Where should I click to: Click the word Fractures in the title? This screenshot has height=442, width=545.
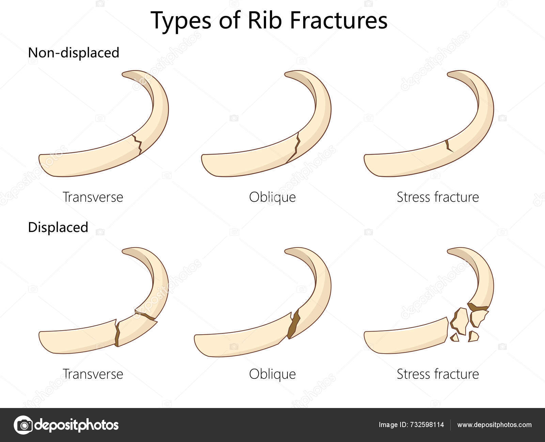coord(339,20)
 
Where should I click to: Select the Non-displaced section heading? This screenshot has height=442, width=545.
coord(74,53)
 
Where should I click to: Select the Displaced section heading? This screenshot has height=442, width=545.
coord(58,227)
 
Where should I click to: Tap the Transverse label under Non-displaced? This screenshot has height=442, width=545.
coord(93,197)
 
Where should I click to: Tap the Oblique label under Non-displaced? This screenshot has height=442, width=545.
coord(272,197)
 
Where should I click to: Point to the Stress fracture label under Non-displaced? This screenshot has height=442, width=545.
coord(438,197)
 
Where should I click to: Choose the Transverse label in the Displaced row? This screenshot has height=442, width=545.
coord(93,374)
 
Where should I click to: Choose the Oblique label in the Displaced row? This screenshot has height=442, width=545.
coord(272,374)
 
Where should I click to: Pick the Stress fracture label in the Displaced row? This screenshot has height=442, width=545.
coord(438,374)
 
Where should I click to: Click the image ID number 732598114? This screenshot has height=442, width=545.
coord(428,425)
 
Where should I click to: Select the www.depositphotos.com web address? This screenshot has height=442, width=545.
coord(494,425)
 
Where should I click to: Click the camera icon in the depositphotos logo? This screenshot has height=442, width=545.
coord(23,425)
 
